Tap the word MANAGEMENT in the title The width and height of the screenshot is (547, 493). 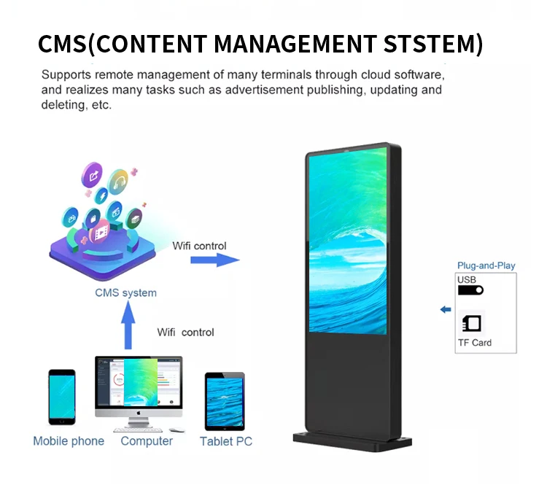pos(294,44)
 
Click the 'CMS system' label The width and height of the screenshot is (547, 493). pos(125,292)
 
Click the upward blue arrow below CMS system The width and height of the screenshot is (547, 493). pos(128,325)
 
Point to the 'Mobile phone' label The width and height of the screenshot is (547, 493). pos(69,440)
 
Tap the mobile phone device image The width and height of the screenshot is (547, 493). pos(62,397)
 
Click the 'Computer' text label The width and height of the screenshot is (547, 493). pos(147,440)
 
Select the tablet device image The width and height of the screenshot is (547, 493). pos(225,402)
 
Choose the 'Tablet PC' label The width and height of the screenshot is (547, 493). pos(226,440)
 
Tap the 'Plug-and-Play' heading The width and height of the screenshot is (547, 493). pos(486,265)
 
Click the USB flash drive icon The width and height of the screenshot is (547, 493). pos(470,290)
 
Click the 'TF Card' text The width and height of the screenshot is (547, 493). pos(474,342)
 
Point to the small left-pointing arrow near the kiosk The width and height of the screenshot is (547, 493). pos(446,309)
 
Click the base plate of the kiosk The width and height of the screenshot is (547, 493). pos(352,440)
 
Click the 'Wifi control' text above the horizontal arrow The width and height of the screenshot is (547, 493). pos(199,246)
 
